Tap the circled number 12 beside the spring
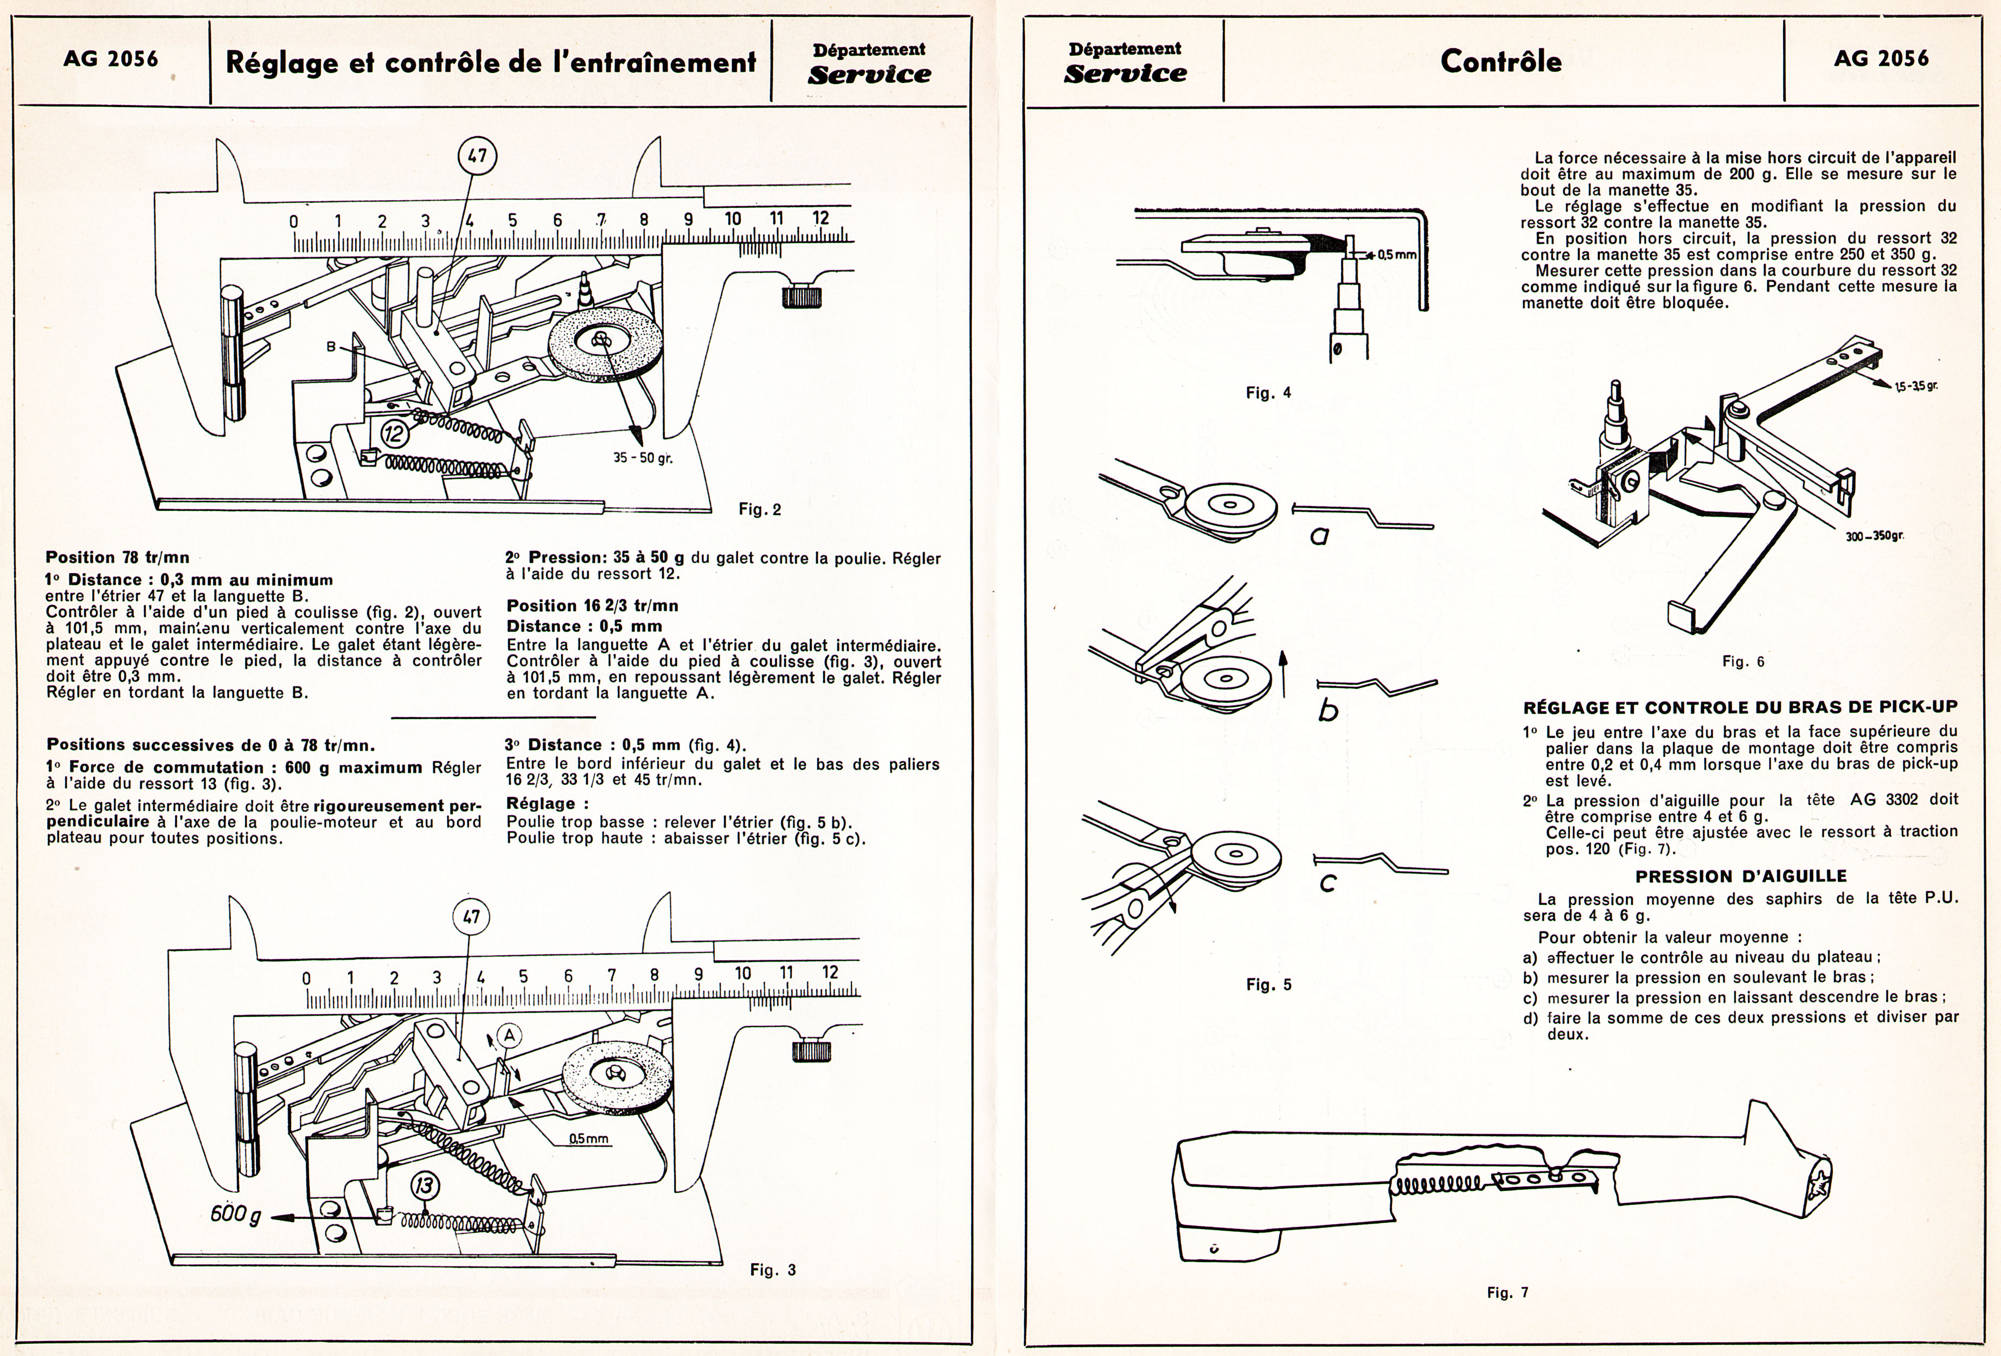(x=395, y=433)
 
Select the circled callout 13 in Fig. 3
(x=425, y=1186)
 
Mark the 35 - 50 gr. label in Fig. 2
(x=642, y=457)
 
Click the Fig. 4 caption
(x=1268, y=393)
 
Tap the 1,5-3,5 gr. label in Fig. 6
(x=1916, y=386)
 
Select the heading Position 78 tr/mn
(x=117, y=557)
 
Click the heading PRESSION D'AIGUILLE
(x=1740, y=877)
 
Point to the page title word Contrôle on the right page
(x=1501, y=61)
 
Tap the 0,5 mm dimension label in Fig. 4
(x=1396, y=255)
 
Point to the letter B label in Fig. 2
(x=331, y=346)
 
